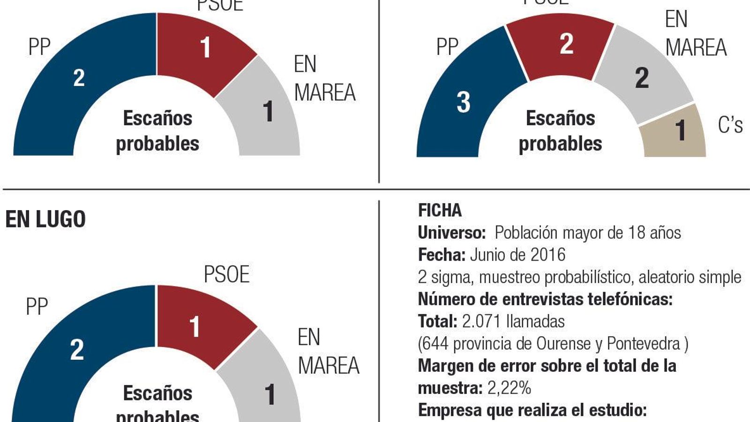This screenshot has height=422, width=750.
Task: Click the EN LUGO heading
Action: point(45,219)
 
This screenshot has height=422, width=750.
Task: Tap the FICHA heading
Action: point(440,211)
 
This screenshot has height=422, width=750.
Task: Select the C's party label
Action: point(730,125)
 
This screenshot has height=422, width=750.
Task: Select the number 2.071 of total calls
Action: point(482,322)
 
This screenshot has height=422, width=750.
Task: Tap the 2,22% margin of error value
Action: point(509,388)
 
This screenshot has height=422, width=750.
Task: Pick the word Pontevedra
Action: point(643,344)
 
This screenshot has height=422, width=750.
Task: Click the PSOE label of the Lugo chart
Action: point(226,274)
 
